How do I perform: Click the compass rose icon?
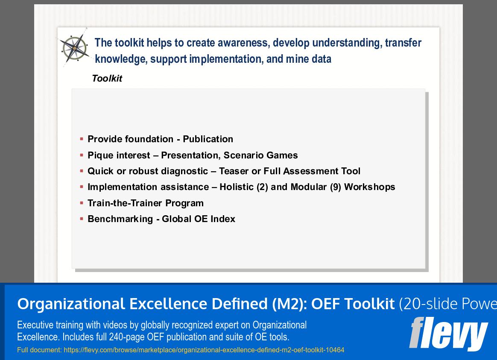point(74,48)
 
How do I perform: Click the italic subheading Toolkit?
point(107,79)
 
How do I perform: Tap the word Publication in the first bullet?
point(208,139)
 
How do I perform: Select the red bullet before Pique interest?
point(82,155)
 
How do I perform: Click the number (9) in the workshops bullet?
point(336,187)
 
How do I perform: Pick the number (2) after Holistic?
point(263,187)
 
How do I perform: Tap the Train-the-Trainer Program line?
point(146,203)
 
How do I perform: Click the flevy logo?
point(448,334)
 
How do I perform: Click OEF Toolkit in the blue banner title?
point(353,304)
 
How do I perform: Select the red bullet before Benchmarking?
point(82,219)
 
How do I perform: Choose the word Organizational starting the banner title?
point(71,304)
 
